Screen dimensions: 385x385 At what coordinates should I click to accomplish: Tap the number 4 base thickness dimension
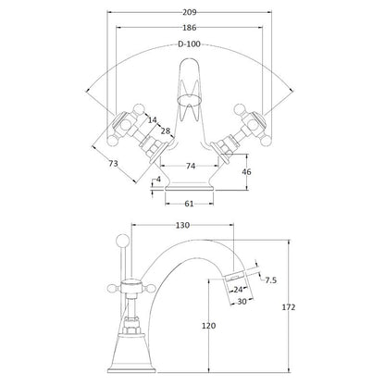pos(159,180)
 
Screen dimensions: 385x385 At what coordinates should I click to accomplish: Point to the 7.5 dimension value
pos(272,280)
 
